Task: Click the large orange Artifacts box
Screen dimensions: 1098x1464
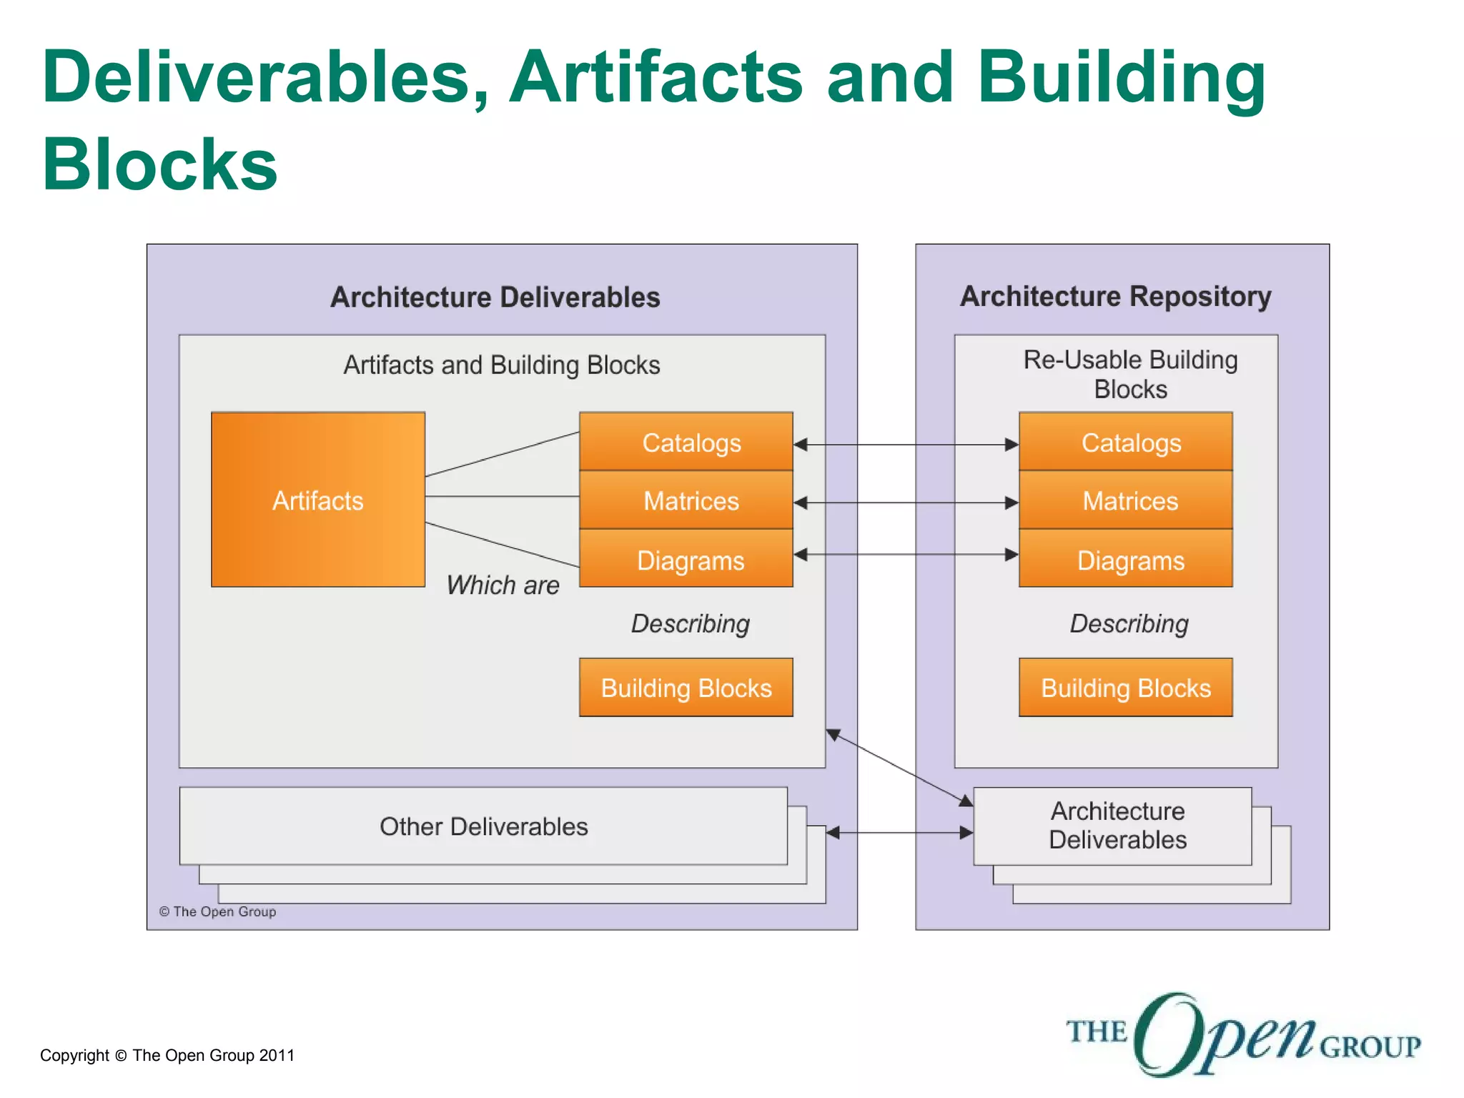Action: click(x=318, y=500)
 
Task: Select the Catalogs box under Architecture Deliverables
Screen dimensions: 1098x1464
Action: click(x=686, y=442)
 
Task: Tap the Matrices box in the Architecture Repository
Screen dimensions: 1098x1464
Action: click(x=1126, y=500)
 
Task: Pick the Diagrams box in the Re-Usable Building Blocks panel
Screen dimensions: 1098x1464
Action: click(x=1126, y=560)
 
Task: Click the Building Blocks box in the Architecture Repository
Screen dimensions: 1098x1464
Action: click(x=1126, y=688)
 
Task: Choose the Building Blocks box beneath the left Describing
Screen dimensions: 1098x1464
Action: click(x=686, y=688)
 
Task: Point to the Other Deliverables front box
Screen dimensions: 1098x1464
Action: click(x=483, y=826)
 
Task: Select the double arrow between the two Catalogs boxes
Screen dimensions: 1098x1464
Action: click(x=906, y=445)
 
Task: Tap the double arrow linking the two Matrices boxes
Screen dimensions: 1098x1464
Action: click(x=906, y=503)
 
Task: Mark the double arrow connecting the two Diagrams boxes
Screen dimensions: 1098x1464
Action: click(x=906, y=555)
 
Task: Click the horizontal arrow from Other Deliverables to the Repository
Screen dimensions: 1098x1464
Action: click(x=899, y=833)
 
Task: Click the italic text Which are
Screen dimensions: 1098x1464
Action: click(x=503, y=585)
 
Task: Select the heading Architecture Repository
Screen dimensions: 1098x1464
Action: click(x=1115, y=297)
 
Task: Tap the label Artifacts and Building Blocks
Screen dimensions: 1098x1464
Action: click(x=502, y=365)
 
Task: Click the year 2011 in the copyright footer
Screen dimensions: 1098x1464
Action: click(x=277, y=1055)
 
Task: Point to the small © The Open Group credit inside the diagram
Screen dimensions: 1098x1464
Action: click(x=217, y=911)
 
